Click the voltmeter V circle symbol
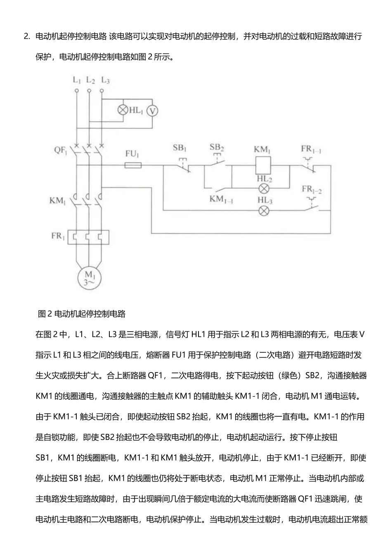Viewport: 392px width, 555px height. tap(152, 111)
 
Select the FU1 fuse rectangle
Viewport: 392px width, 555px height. tap(133, 165)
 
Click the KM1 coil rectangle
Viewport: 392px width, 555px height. tap(263, 165)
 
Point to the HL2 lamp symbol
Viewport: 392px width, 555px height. tap(264, 188)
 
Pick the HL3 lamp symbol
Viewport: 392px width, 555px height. tap(264, 211)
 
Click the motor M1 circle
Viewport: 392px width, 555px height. tap(89, 278)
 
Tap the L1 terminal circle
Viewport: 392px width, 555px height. tap(77, 91)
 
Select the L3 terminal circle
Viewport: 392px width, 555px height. tap(102, 91)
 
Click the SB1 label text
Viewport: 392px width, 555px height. tap(179, 148)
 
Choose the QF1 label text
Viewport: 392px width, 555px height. tap(60, 150)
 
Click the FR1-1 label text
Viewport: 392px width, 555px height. tap(311, 149)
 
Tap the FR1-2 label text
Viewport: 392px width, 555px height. tap(312, 190)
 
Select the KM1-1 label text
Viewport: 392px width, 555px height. tap(221, 199)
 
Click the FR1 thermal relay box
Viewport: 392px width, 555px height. tap(88, 237)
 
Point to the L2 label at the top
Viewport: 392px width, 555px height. tap(90, 80)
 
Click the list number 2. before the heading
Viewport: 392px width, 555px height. tap(27, 36)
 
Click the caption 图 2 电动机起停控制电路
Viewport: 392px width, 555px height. tap(82, 314)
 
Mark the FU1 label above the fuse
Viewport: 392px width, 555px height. tap(132, 154)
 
